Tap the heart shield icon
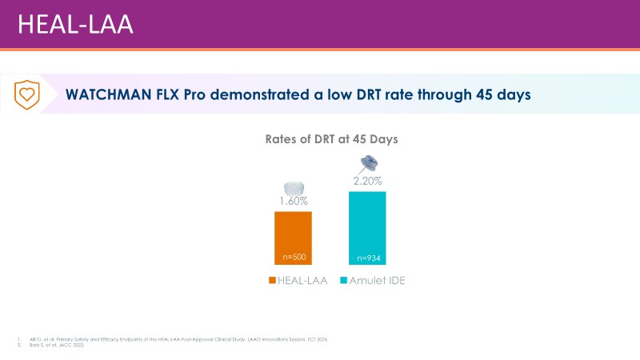coord(27,94)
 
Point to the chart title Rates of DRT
coord(331,139)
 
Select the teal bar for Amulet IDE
coord(367,228)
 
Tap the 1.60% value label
coord(293,201)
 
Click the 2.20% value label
coord(367,181)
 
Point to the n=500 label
coord(293,258)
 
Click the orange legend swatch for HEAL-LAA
coord(272,281)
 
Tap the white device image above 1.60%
coord(293,187)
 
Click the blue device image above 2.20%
coord(369,163)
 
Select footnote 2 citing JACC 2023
coord(56,346)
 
